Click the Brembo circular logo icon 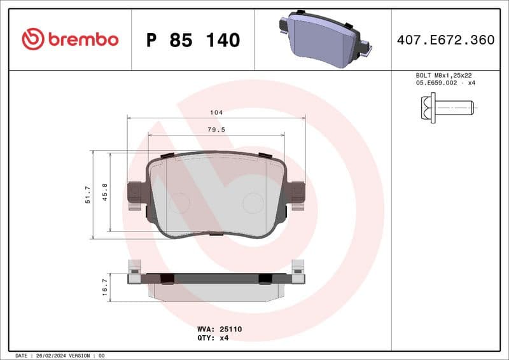32,39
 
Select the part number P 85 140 193,40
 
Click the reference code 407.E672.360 445,40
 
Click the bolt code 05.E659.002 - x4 446,83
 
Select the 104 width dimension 216,113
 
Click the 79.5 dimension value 216,129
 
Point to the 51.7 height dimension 88,194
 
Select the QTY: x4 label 213,338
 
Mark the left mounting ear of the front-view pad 136,193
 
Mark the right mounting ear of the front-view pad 296,193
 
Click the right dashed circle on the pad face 253,203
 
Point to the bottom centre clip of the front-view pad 216,233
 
